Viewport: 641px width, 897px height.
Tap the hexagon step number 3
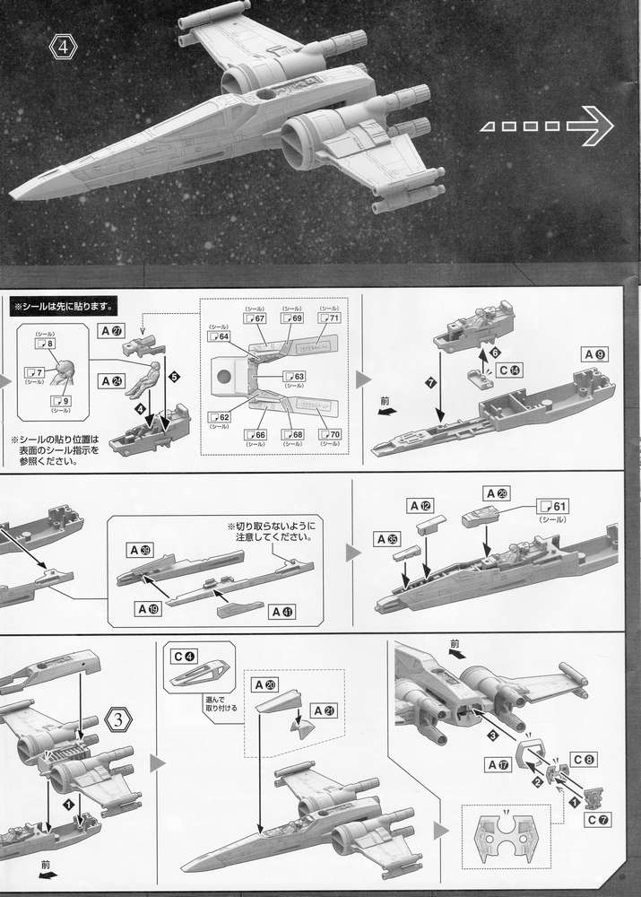pyautogui.click(x=121, y=718)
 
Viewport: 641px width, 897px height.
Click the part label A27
pyautogui.click(x=111, y=331)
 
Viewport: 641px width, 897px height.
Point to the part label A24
pyautogui.click(x=111, y=380)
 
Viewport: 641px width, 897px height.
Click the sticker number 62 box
pyautogui.click(x=220, y=416)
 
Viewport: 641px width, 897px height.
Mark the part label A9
pyautogui.click(x=596, y=353)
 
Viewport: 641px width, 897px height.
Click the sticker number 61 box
pyautogui.click(x=553, y=507)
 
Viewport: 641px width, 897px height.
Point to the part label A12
pyautogui.click(x=422, y=506)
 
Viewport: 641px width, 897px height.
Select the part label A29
pyautogui.click(x=496, y=493)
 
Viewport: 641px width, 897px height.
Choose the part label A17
pyautogui.click(x=498, y=764)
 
